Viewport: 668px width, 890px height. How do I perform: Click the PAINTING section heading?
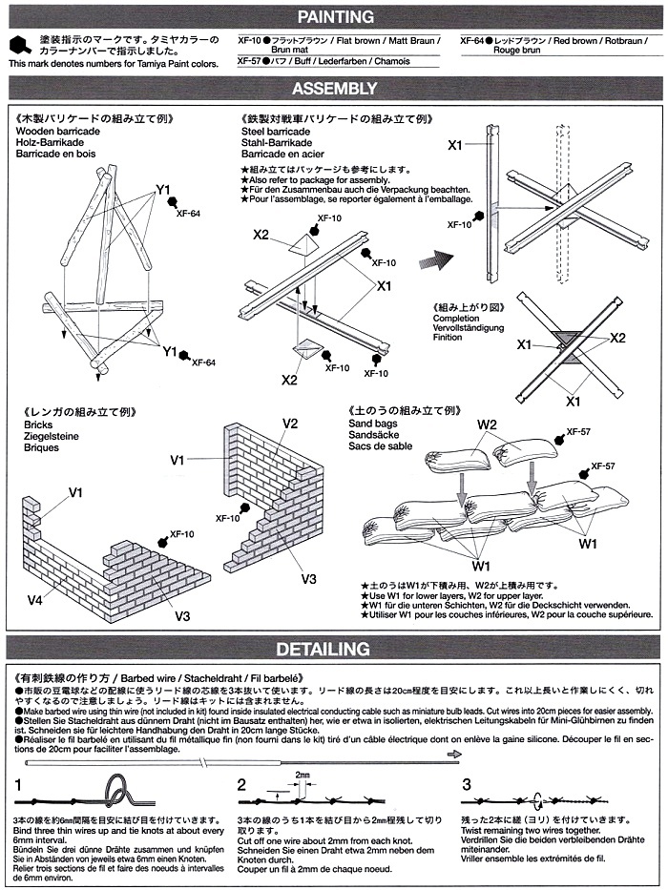[334, 16]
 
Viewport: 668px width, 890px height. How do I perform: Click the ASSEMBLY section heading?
[334, 89]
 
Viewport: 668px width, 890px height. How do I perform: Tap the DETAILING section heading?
[334, 650]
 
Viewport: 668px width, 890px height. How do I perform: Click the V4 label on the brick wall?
[34, 600]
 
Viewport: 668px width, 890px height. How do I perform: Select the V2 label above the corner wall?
[291, 423]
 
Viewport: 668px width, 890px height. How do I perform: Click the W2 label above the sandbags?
[488, 424]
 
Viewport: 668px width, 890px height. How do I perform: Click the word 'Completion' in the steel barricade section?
[456, 320]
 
